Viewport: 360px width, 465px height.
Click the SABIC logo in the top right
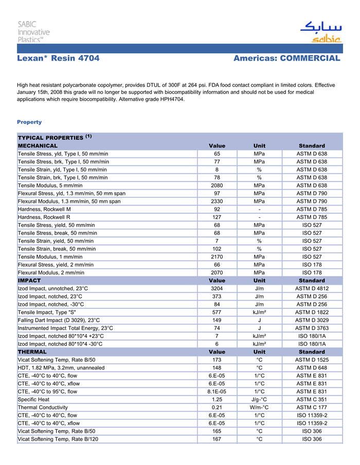[x=320, y=32]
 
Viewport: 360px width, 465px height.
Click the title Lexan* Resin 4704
[x=58, y=59]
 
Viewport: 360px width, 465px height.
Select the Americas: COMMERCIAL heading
[x=286, y=59]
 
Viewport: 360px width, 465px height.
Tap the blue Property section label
[x=29, y=122]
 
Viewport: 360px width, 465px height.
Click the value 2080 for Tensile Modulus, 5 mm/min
[x=217, y=185]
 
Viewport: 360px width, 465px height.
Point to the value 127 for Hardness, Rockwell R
[x=217, y=217]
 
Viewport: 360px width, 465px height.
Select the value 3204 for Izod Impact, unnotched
[x=217, y=289]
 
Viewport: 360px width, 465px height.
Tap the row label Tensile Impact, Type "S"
[x=47, y=312]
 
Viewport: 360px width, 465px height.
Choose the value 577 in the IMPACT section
[x=217, y=312]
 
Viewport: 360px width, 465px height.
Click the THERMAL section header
[x=32, y=352]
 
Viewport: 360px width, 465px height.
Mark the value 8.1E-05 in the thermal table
[x=217, y=392]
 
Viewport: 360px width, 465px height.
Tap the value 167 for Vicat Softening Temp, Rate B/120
[x=217, y=439]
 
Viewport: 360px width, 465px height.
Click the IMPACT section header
[x=29, y=281]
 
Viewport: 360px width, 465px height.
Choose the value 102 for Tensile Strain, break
[x=217, y=249]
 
